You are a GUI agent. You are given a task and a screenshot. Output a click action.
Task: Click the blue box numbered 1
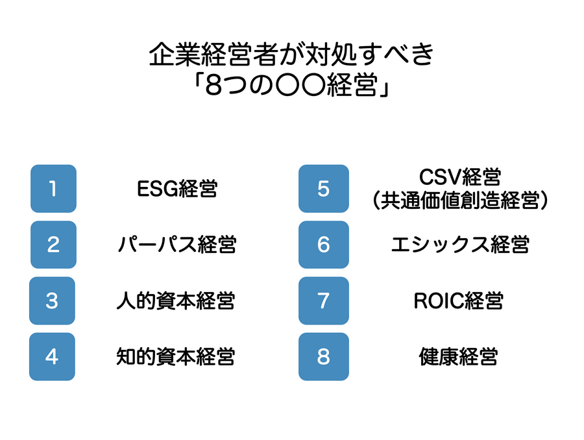pyautogui.click(x=53, y=189)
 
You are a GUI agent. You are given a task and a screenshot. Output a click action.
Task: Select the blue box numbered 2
pyautogui.click(x=53, y=245)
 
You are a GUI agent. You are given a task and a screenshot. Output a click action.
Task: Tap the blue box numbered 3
pyautogui.click(x=53, y=300)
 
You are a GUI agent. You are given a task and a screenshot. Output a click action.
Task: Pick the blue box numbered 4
pyautogui.click(x=52, y=356)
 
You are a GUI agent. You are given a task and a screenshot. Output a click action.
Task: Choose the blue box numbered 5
pyautogui.click(x=323, y=189)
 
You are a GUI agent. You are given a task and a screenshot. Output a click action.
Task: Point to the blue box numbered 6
pyautogui.click(x=323, y=245)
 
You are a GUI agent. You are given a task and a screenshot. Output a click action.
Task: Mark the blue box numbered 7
pyautogui.click(x=323, y=300)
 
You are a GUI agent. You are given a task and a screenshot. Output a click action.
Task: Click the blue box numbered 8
pyautogui.click(x=323, y=356)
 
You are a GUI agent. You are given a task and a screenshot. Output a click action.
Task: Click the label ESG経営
pyautogui.click(x=178, y=189)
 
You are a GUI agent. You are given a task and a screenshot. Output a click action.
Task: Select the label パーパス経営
pyautogui.click(x=177, y=245)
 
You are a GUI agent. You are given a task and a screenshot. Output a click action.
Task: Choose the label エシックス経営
pyautogui.click(x=460, y=245)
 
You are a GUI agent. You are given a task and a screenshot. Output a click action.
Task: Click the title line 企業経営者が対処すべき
pyautogui.click(x=292, y=56)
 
